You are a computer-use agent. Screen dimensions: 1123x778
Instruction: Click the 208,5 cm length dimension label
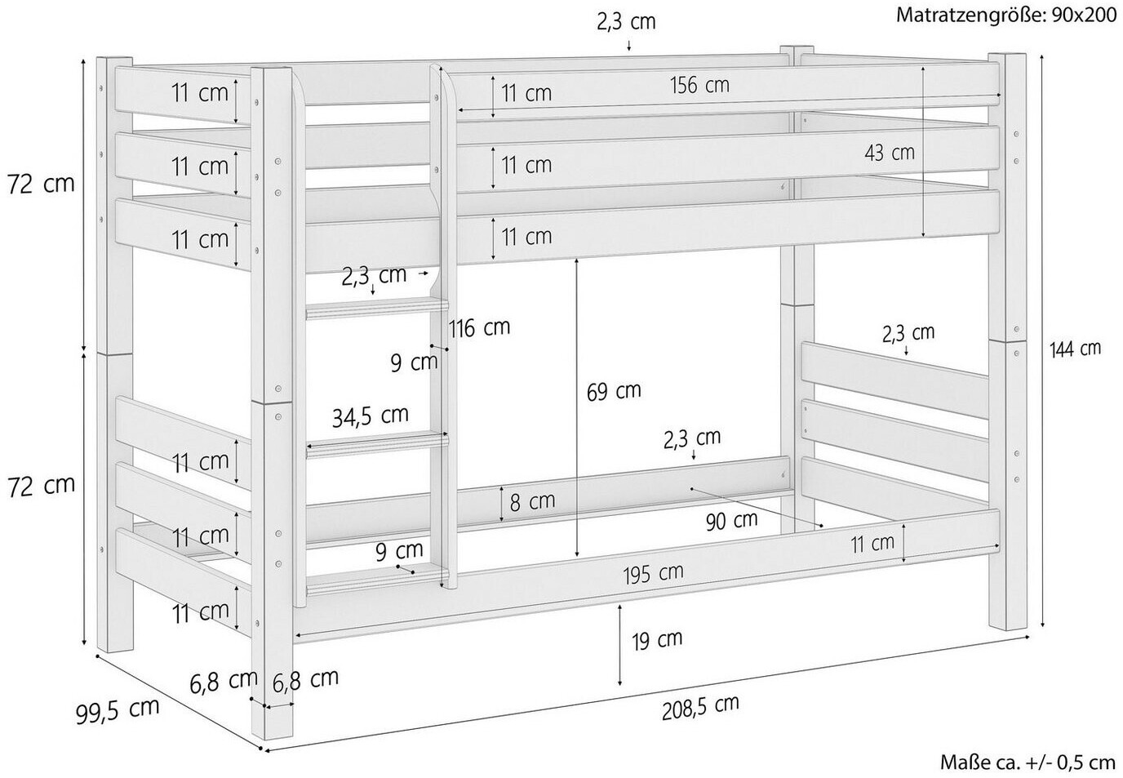coord(700,707)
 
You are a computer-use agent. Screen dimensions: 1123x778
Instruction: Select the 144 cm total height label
coord(1076,349)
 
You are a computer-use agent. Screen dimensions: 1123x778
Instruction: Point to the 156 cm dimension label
coord(700,85)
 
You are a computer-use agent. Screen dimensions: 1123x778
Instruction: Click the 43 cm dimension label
coord(890,153)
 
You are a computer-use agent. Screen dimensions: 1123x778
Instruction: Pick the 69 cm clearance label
coord(614,391)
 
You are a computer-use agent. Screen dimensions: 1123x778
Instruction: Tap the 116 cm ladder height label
coord(479,328)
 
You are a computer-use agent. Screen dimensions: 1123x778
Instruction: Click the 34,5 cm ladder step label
coord(371,416)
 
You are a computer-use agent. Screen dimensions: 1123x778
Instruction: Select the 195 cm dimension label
coord(653,573)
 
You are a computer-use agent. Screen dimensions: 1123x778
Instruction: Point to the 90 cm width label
coord(731,521)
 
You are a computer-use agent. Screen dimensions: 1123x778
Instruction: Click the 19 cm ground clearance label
coord(657,639)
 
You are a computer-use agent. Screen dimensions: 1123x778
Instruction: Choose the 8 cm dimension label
coord(532,501)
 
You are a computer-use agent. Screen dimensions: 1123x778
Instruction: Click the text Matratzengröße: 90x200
coord(1006,15)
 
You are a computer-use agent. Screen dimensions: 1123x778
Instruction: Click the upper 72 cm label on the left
coord(41,185)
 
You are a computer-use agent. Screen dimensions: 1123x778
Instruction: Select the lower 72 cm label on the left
coord(41,486)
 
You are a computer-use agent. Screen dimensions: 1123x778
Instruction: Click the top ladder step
coord(377,308)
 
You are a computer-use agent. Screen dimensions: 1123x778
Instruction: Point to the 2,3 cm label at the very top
coord(626,23)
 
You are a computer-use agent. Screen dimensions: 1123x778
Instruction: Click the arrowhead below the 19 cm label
coord(620,682)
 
